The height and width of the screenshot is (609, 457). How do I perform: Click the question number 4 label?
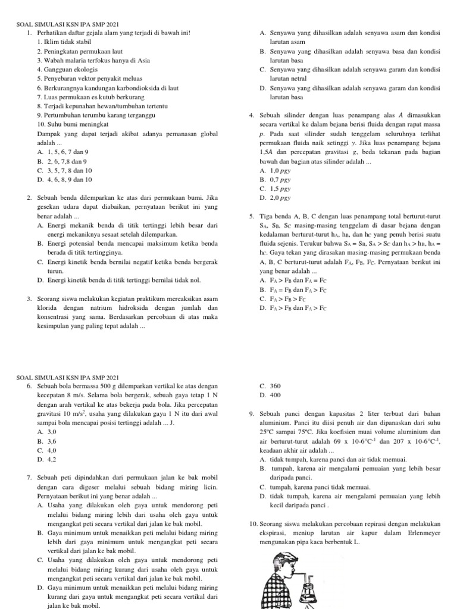253,115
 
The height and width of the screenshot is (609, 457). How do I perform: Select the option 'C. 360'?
270,386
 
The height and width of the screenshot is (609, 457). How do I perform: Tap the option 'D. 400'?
270,395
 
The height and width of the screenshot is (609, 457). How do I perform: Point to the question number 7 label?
30,478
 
